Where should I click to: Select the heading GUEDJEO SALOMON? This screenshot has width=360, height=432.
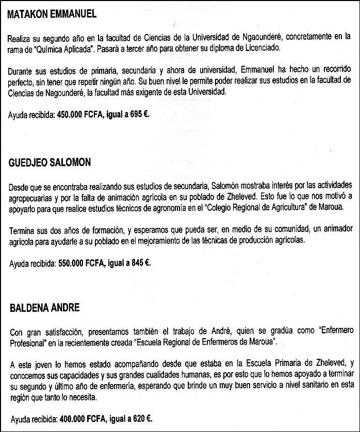pos(50,162)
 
